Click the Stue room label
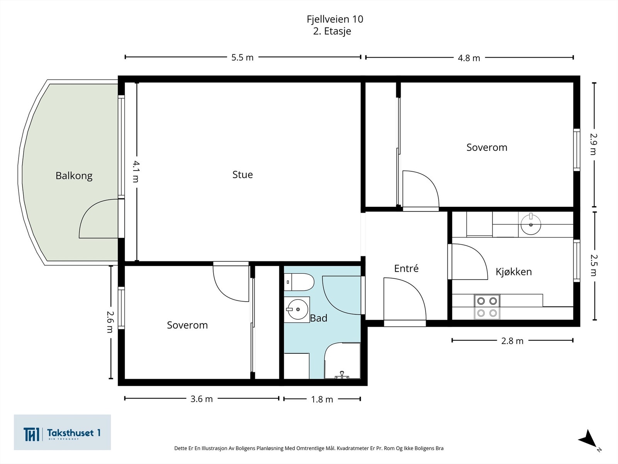tap(243, 175)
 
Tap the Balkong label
tap(74, 176)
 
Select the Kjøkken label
tap(513, 272)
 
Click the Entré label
tap(406, 268)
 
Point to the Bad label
tap(319, 318)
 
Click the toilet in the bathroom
tap(299, 282)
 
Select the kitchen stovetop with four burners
tap(487, 307)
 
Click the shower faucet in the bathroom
tap(342, 375)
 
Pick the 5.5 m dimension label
tap(242, 58)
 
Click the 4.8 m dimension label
tap(469, 58)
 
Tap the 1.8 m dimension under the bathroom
tap(322, 399)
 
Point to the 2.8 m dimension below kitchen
tap(512, 341)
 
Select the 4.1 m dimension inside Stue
tap(136, 171)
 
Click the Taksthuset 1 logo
tap(62, 433)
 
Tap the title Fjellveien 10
tap(334, 19)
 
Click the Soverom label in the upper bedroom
tap(487, 147)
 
